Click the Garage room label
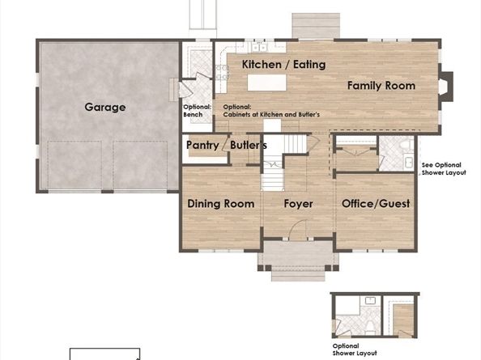point(105,108)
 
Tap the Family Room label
point(381,86)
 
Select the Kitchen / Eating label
point(283,65)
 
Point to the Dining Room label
point(221,204)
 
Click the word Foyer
point(298,204)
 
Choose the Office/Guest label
point(376,204)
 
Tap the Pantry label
point(202,146)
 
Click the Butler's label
point(248,145)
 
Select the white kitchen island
point(267,83)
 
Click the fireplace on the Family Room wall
point(446,87)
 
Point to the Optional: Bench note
point(198,111)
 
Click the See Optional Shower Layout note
point(444,169)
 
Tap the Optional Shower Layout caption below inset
point(355,349)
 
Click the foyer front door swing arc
point(296,224)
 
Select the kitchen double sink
point(259,48)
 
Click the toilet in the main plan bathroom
point(408,144)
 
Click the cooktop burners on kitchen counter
point(222,72)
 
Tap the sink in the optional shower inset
point(371,301)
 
